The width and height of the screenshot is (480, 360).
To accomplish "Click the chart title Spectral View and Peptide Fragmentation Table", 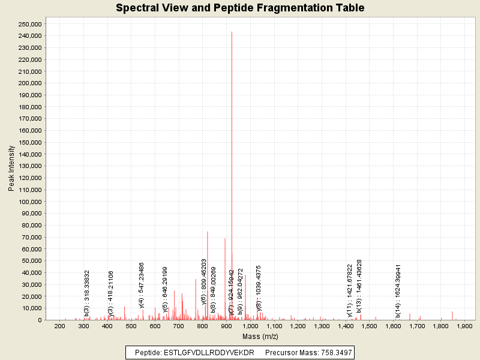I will point(240,8).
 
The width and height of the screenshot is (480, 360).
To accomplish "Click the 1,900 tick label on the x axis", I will point(465,326).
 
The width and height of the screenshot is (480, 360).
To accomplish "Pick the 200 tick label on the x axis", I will point(59,326).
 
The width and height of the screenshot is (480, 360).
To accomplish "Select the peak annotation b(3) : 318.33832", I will point(86,293).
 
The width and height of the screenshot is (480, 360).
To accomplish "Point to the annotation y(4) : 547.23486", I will point(142,285).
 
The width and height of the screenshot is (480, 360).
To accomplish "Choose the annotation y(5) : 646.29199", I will point(165,290).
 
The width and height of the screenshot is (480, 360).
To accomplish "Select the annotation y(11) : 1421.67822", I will point(349,290).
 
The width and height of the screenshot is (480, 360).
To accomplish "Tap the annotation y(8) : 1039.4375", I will point(259,288).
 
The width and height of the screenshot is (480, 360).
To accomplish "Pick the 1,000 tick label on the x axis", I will point(250,326).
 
